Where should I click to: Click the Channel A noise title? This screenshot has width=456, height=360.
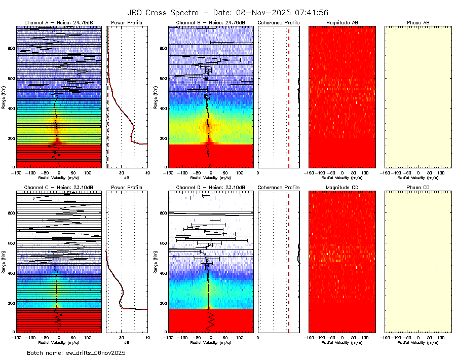[59, 23]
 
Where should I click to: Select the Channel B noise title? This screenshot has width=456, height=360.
[211, 23]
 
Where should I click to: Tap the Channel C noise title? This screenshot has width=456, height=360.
[59, 188]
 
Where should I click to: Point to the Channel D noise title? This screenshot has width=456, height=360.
[211, 188]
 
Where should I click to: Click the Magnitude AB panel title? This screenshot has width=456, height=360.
[342, 23]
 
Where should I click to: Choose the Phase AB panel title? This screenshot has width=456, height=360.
[418, 23]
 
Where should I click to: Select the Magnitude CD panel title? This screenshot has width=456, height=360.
[342, 188]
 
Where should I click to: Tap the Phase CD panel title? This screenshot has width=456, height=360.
[418, 188]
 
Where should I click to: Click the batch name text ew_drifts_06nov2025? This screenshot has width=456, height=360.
[76, 352]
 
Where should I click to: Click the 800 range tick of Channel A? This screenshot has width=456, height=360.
[11, 48]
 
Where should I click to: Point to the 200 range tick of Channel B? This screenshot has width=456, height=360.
[163, 138]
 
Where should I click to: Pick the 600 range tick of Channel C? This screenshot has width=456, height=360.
[11, 243]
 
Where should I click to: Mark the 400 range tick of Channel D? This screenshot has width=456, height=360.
[163, 273]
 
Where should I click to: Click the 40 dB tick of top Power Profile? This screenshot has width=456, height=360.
[147, 173]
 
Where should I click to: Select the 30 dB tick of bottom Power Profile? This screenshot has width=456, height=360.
[122, 337]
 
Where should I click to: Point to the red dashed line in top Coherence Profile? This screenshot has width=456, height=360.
[289, 96]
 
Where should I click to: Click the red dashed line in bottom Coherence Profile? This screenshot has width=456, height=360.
[289, 261]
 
